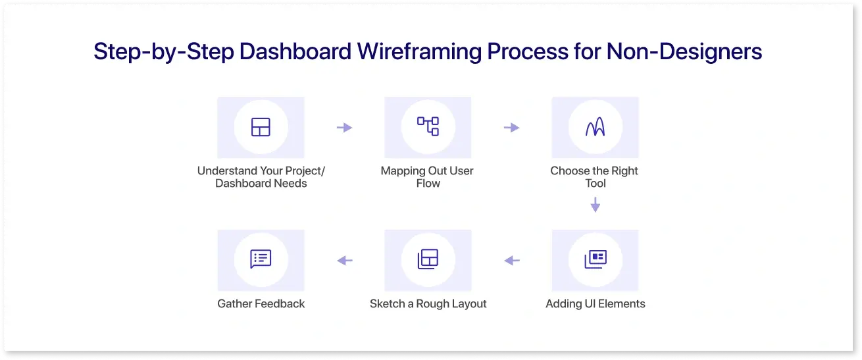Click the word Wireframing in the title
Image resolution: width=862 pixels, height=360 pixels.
pyautogui.click(x=419, y=51)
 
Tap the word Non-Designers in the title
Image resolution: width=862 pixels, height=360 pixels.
pyautogui.click(x=684, y=51)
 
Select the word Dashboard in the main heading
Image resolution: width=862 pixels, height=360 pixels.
pyautogui.click(x=295, y=51)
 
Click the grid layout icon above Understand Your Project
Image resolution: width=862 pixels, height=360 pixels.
pyautogui.click(x=261, y=127)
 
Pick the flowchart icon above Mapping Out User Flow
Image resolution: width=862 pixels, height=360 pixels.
pyautogui.click(x=428, y=126)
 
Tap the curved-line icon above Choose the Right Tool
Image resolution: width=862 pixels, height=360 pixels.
pyautogui.click(x=596, y=127)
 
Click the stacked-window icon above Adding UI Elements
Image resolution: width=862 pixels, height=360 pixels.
pyautogui.click(x=596, y=259)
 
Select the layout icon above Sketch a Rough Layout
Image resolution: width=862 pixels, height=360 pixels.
pyautogui.click(x=428, y=259)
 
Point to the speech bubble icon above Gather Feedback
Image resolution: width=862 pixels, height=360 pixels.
pyautogui.click(x=261, y=259)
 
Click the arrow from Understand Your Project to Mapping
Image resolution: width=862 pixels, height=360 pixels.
pyautogui.click(x=344, y=128)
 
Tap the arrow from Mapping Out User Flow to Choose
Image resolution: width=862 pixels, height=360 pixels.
pyautogui.click(x=511, y=128)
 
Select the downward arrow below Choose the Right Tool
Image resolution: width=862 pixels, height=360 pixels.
pyautogui.click(x=596, y=205)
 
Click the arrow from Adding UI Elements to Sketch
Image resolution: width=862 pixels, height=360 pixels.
pyautogui.click(x=512, y=261)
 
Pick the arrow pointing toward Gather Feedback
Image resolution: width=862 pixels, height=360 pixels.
pyautogui.click(x=345, y=261)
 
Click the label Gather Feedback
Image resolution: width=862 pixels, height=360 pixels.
pyautogui.click(x=261, y=304)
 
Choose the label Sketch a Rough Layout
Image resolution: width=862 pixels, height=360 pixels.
pyautogui.click(x=428, y=304)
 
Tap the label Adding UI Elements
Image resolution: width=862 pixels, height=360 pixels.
pyautogui.click(x=596, y=304)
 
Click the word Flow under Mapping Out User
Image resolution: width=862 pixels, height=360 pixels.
pyautogui.click(x=428, y=183)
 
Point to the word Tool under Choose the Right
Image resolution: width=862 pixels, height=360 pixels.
pyautogui.click(x=596, y=183)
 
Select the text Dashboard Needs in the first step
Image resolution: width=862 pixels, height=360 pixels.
pyautogui.click(x=261, y=183)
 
